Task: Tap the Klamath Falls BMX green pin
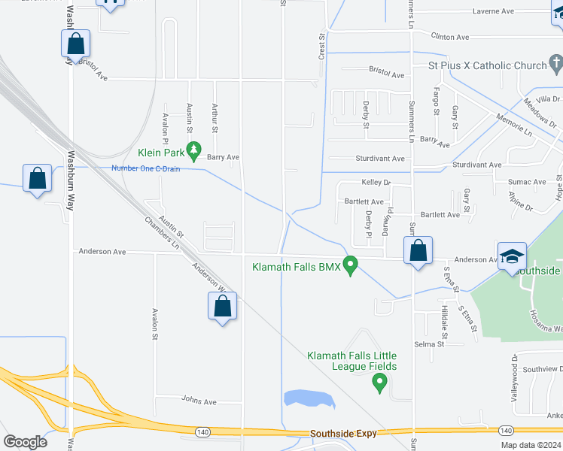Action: [350, 265]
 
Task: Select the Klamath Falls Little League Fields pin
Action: [380, 383]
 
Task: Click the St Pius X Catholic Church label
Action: [487, 65]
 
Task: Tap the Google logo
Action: [25, 441]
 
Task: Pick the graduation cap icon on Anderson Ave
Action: [511, 255]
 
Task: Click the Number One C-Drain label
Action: [148, 168]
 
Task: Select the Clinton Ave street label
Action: [449, 36]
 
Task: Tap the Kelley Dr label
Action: [376, 183]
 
